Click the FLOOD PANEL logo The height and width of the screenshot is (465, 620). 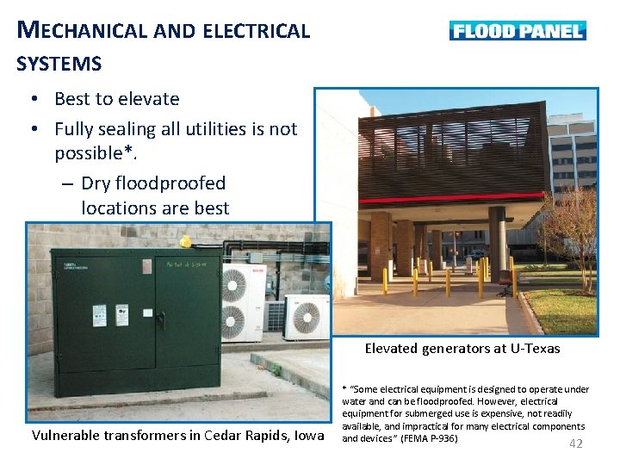pos(518,31)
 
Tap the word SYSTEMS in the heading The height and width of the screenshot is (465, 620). pos(59,64)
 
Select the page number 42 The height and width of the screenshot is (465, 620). pos(576,443)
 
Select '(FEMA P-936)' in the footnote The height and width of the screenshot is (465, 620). pos(429,438)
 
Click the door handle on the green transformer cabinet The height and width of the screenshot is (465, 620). pos(160,319)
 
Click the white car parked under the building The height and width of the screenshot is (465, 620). pos(474,254)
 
